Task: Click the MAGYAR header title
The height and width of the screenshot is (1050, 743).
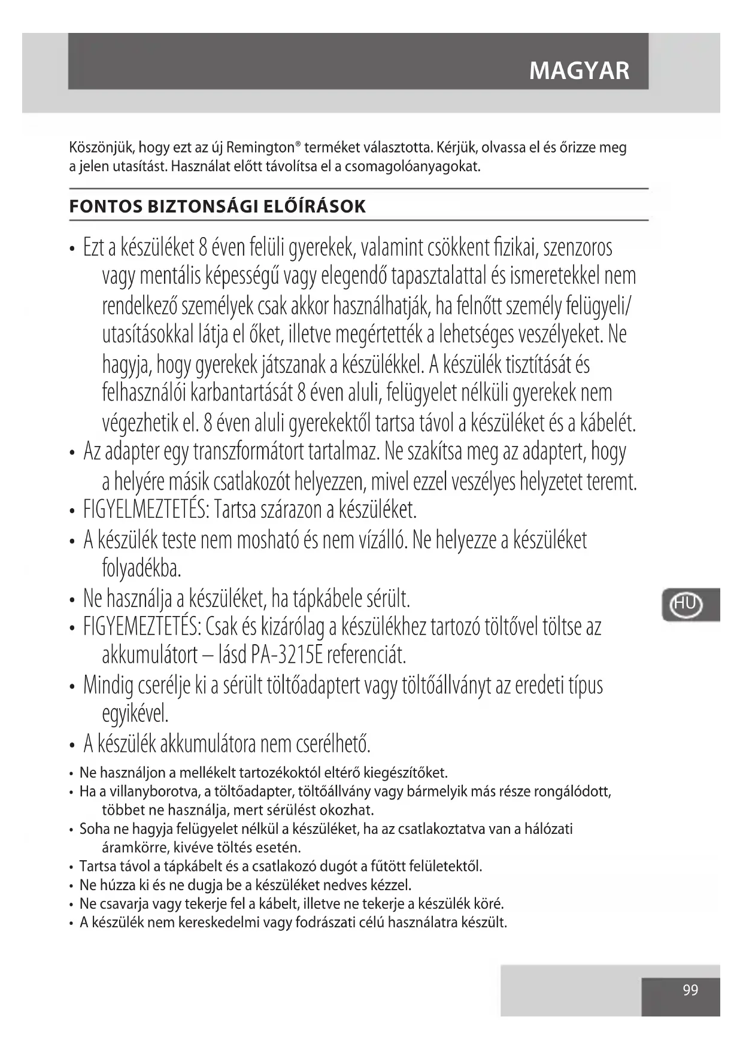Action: click(579, 71)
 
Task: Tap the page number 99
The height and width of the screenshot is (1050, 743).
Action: click(690, 990)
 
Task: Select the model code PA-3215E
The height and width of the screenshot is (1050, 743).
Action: click(286, 656)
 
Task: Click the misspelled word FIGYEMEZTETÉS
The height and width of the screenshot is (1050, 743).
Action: click(141, 627)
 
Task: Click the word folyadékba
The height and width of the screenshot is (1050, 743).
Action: click(141, 568)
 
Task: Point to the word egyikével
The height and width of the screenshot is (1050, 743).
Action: click(135, 714)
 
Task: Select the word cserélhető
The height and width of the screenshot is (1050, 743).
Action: click(333, 744)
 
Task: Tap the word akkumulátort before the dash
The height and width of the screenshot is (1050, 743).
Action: click(150, 656)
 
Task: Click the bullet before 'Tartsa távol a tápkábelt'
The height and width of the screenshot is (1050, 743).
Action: click(72, 867)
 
